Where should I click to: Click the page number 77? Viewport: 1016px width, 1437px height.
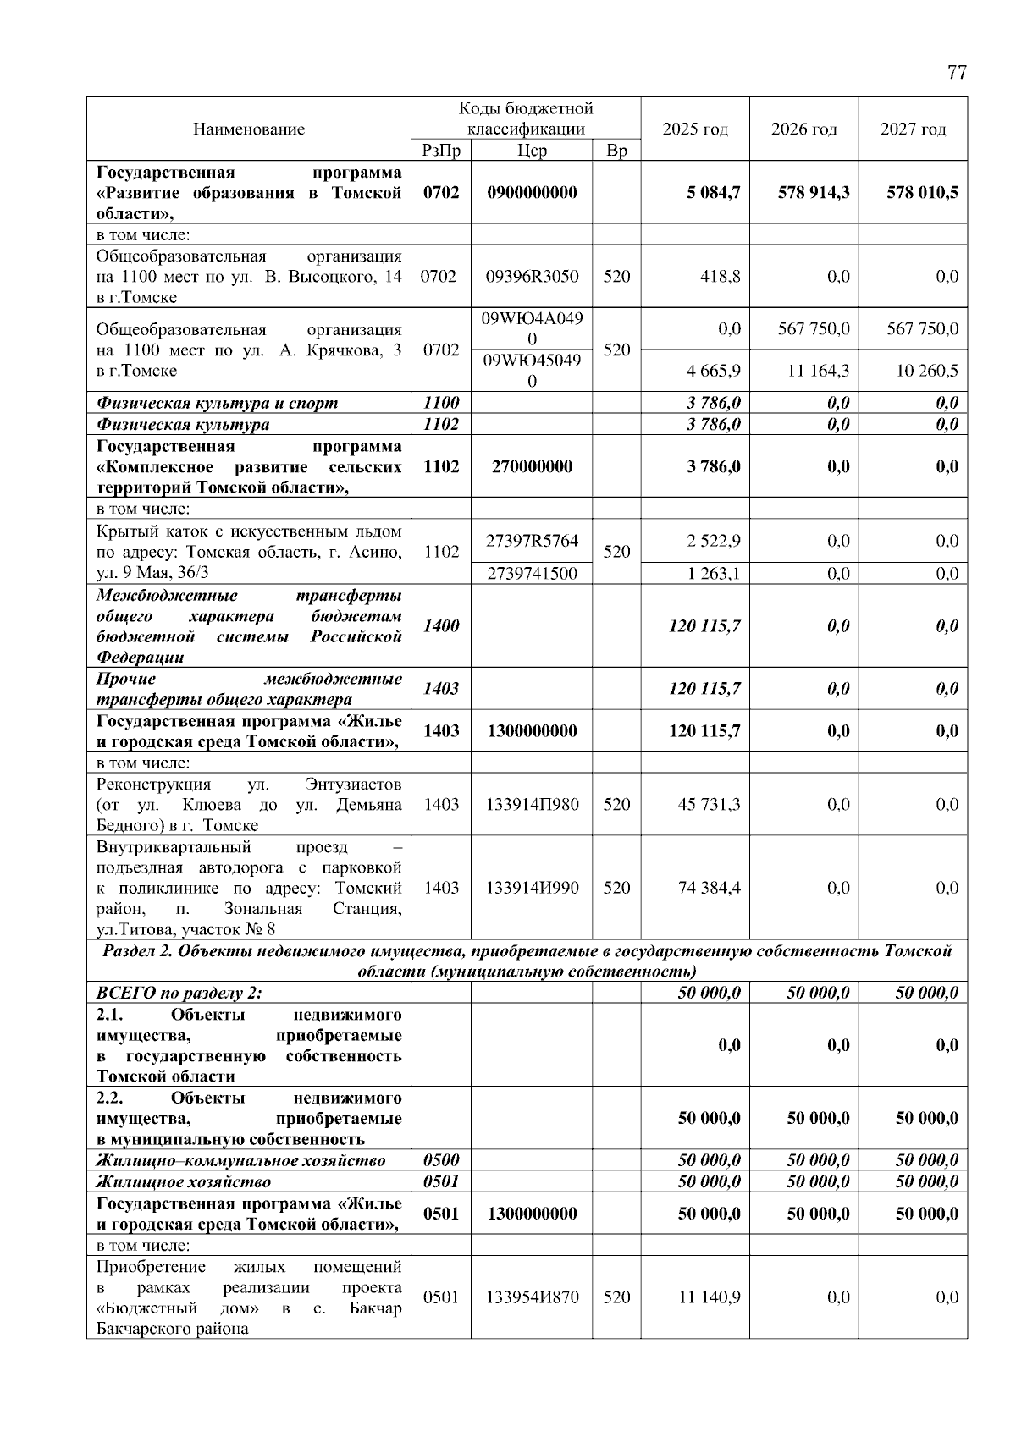[x=956, y=73]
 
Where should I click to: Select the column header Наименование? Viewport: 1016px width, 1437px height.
[x=249, y=129]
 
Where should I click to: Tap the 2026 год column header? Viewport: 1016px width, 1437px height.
[x=803, y=129]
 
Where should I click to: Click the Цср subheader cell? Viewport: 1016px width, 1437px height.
[x=532, y=151]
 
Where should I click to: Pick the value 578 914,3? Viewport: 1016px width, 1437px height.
[x=814, y=192]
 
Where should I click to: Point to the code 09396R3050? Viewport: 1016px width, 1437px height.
[x=532, y=277]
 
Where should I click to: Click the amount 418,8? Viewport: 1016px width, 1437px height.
[x=722, y=277]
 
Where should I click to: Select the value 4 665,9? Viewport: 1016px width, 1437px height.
[x=716, y=371]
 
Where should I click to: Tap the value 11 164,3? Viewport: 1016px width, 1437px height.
[x=818, y=371]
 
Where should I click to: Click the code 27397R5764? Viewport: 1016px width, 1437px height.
[x=532, y=541]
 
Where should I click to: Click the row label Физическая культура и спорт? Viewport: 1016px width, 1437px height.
[x=217, y=404]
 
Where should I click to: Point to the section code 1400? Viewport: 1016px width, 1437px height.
[x=441, y=626]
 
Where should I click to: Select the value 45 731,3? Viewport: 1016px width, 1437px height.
[x=709, y=804]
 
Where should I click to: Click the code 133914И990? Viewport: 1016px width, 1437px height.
[x=532, y=888]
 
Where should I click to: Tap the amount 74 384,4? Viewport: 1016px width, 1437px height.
[x=709, y=888]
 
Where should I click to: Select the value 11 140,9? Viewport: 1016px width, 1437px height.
[x=709, y=1297]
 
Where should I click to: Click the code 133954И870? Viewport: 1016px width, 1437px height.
[x=532, y=1297]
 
